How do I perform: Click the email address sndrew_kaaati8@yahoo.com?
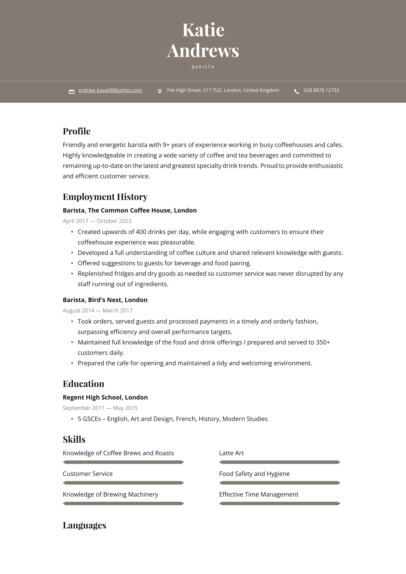(110, 90)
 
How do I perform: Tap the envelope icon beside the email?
(72, 91)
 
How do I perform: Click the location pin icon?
(160, 91)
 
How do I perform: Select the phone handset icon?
(297, 91)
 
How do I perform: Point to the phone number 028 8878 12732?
(321, 90)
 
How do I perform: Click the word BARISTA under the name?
(203, 67)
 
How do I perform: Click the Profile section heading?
(76, 131)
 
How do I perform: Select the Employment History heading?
(105, 197)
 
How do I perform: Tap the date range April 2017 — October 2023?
(97, 221)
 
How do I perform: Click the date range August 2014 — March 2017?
(97, 311)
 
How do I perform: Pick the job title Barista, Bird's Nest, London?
(105, 300)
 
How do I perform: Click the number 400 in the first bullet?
(141, 232)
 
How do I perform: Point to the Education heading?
(83, 384)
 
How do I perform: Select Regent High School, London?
(105, 398)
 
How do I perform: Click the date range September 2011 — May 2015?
(100, 408)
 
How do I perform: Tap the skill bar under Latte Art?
(280, 462)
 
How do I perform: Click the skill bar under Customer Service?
(123, 483)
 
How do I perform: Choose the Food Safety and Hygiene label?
(254, 474)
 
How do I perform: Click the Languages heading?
(84, 526)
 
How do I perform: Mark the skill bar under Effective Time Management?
(280, 504)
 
